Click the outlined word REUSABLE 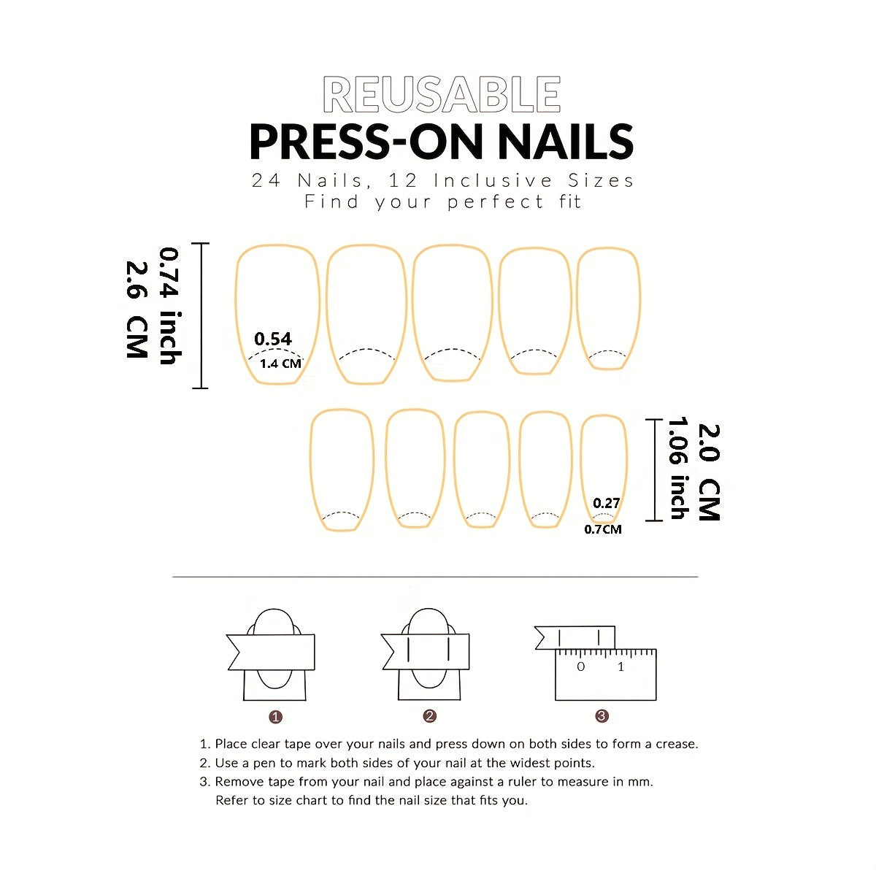(442, 95)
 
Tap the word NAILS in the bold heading (566, 142)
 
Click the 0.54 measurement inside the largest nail (273, 339)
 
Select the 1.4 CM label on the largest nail (280, 364)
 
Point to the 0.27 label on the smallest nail (607, 503)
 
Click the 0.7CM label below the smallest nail (603, 529)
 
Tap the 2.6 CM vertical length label (137, 310)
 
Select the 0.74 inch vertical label (171, 306)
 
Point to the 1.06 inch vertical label (678, 469)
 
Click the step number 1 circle (275, 717)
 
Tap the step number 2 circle (429, 716)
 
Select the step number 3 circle (602, 716)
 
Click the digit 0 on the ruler (580, 667)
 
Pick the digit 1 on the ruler (621, 667)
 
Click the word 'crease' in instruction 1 (677, 744)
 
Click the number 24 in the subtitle (266, 180)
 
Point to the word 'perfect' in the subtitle (496, 202)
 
